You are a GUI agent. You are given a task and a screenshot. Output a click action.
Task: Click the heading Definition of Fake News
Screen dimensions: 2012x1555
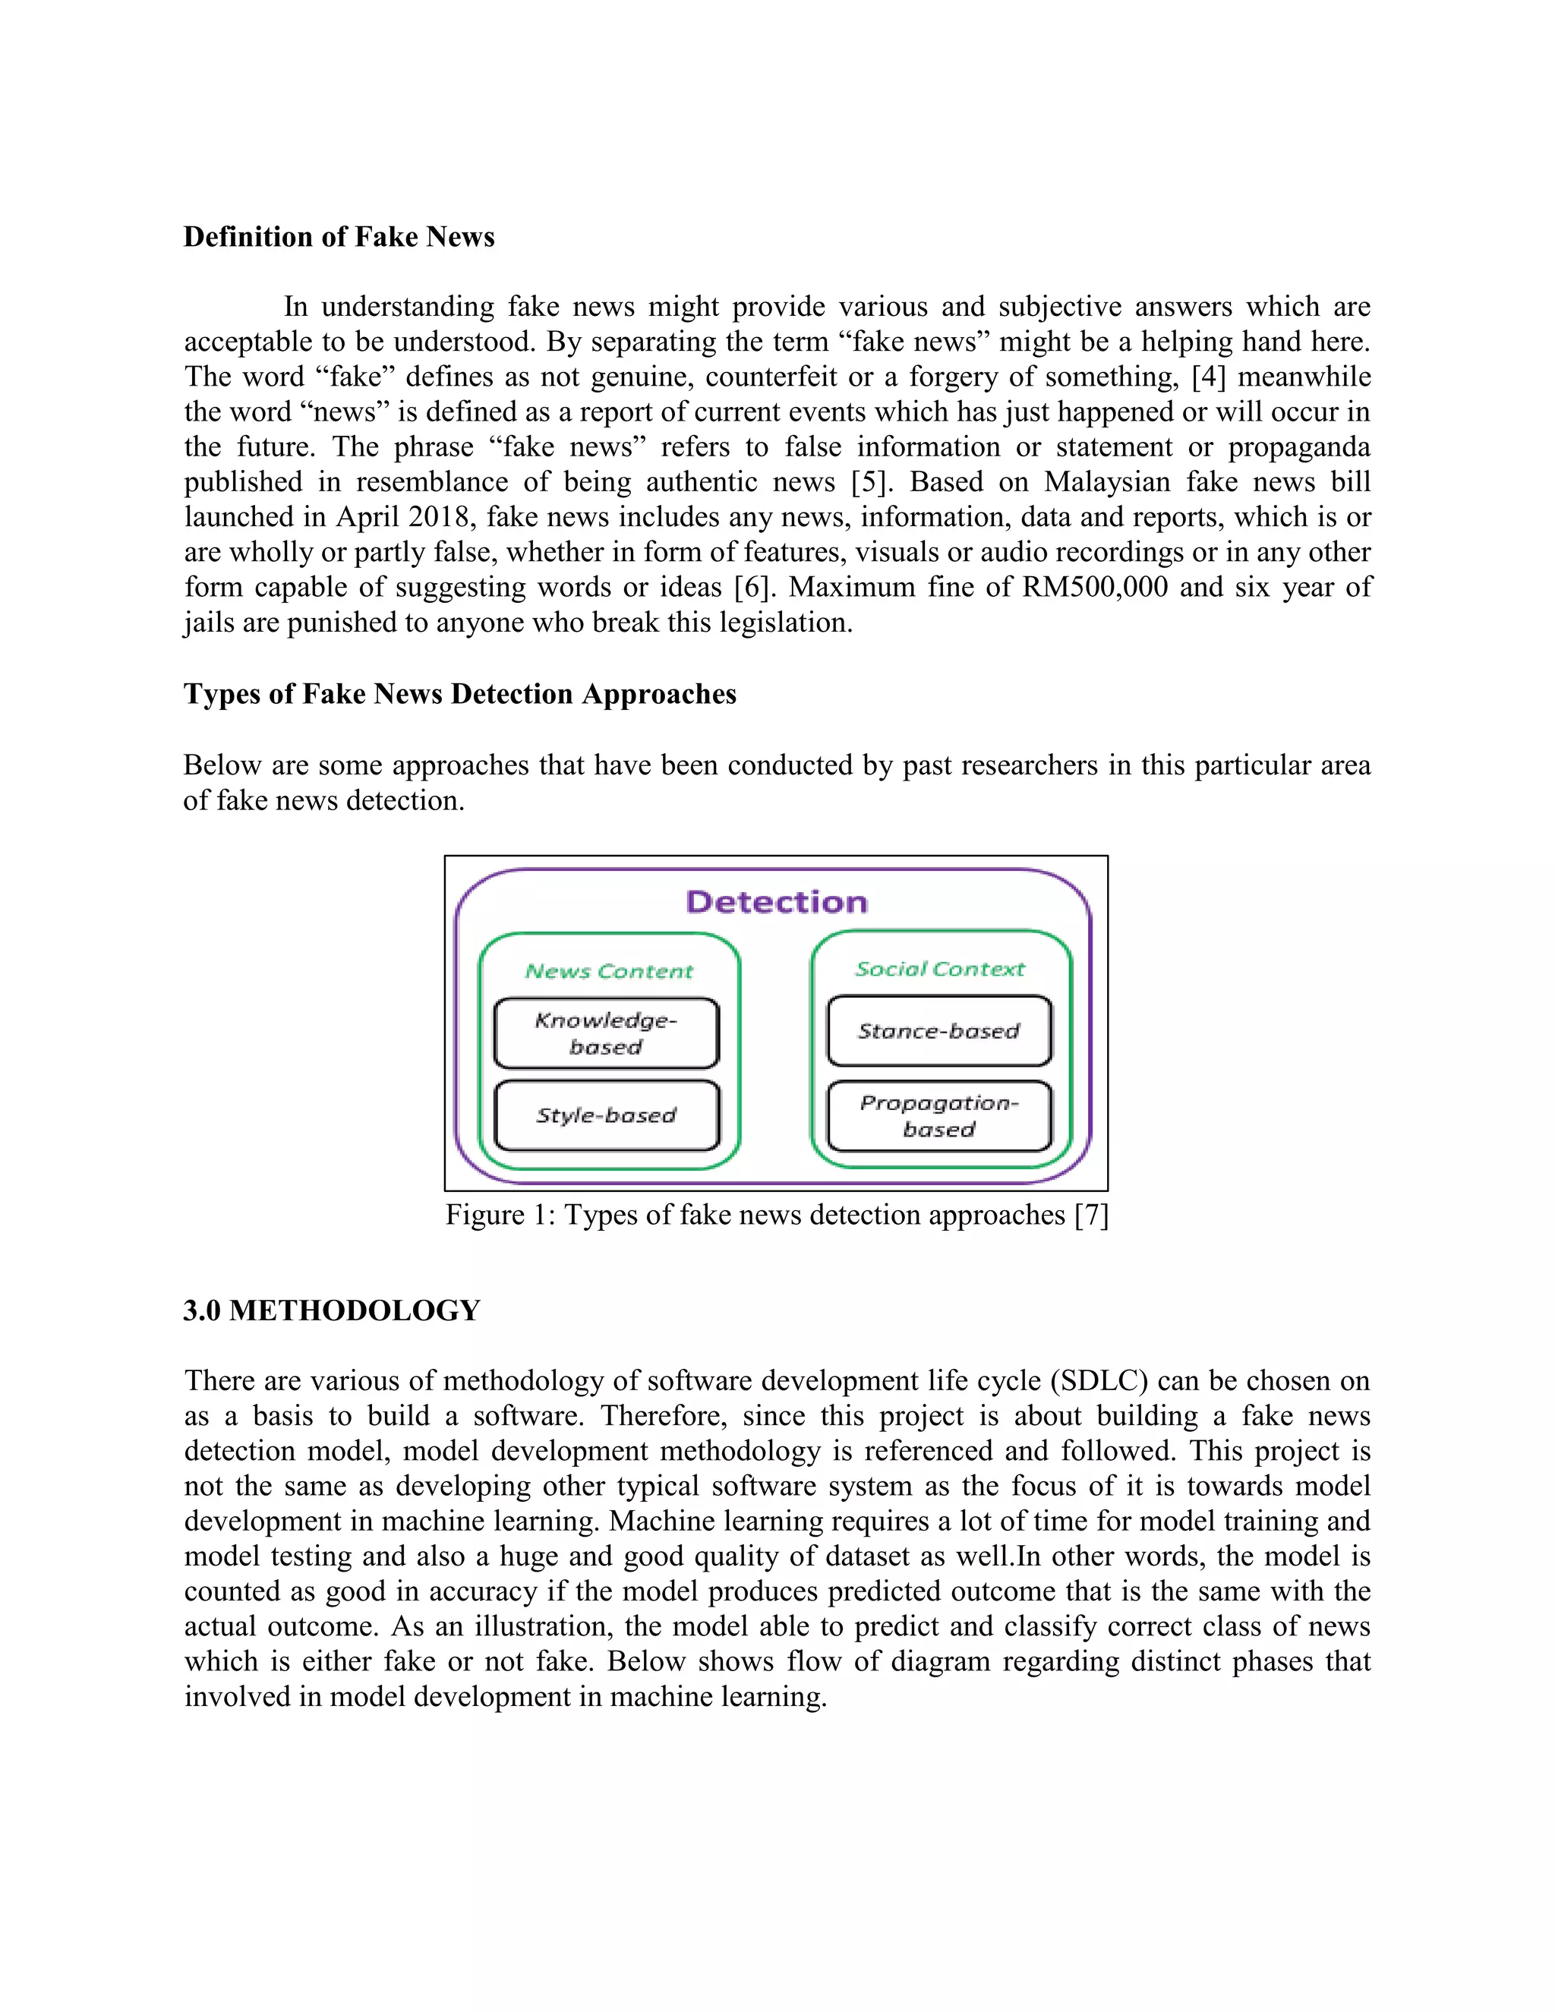(339, 237)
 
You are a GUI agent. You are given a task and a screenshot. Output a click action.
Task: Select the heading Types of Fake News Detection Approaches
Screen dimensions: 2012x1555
(459, 694)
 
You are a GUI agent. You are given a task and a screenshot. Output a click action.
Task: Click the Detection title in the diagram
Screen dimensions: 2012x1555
(777, 902)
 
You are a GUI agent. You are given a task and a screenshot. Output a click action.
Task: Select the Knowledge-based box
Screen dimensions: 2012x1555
(606, 1033)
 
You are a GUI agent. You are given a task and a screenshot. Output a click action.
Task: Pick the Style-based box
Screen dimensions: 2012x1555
(606, 1115)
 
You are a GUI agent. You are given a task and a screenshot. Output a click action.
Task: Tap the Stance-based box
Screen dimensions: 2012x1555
(938, 1031)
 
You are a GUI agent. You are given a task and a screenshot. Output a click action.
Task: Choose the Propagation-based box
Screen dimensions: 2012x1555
(938, 1115)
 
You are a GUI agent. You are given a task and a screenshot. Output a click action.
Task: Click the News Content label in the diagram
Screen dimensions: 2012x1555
(609, 971)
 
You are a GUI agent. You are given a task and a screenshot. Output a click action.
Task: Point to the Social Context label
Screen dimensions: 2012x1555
(940, 969)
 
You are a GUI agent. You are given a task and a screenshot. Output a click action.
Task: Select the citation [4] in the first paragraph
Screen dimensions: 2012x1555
(1209, 377)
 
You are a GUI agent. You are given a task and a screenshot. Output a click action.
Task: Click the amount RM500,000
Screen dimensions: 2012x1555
(1094, 587)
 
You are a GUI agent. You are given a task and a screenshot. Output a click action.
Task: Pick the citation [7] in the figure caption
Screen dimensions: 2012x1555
(1092, 1215)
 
